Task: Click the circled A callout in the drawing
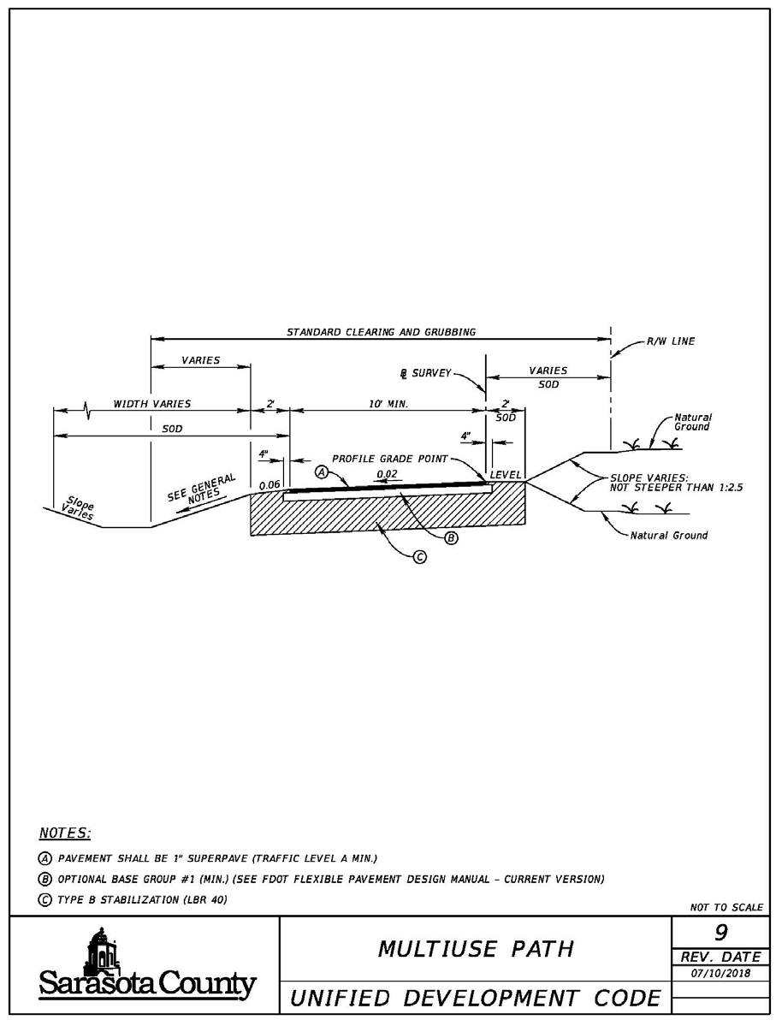322,471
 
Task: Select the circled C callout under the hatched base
420,557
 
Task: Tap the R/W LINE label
671,341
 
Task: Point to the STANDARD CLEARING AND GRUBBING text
381,331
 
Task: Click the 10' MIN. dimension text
388,403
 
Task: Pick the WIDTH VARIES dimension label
152,403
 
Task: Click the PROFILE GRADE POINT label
390,459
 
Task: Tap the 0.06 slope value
270,484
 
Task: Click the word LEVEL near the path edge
506,474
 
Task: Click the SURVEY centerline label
424,374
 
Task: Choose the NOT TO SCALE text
726,907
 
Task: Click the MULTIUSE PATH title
476,948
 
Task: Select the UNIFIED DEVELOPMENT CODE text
477,998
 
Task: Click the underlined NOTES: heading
65,833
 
